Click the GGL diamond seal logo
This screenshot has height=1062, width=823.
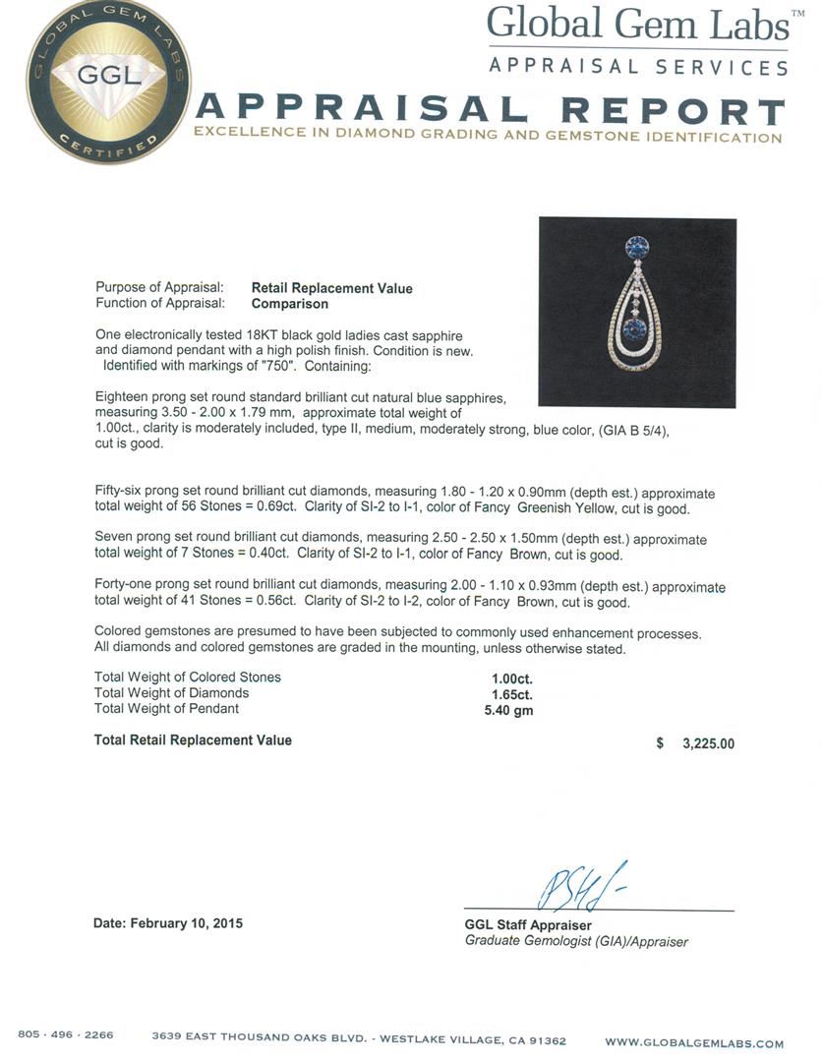click(108, 82)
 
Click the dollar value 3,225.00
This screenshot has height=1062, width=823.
click(707, 744)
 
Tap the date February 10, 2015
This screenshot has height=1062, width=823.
click(168, 924)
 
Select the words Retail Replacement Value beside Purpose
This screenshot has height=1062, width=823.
click(331, 288)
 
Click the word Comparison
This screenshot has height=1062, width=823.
click(290, 304)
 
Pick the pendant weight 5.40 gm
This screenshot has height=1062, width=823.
click(511, 710)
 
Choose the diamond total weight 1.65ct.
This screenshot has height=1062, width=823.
click(511, 693)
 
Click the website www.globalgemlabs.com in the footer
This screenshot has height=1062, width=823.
click(694, 1043)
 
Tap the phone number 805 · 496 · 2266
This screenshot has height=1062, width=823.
click(66, 1035)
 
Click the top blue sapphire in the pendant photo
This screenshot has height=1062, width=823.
click(636, 245)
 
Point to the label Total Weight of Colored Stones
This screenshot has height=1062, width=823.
click(188, 678)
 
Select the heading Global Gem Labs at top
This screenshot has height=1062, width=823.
click(638, 24)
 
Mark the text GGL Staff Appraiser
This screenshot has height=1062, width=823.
click(528, 925)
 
